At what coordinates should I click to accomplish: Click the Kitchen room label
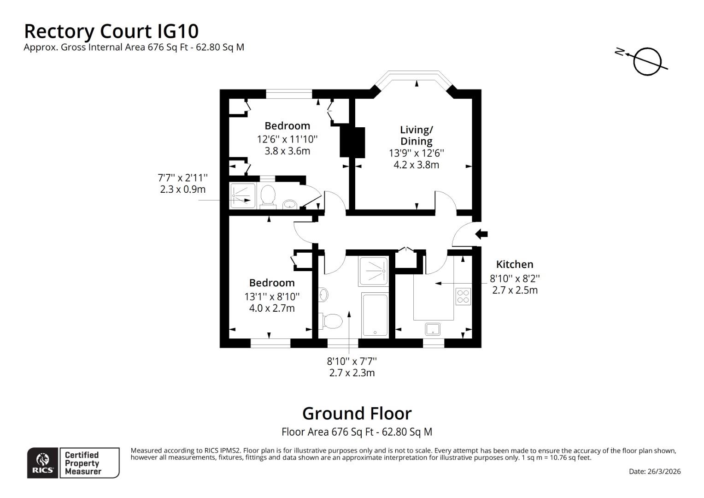pos(514,264)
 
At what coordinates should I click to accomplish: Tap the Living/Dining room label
pos(416,135)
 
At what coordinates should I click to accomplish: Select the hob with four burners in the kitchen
pos(463,296)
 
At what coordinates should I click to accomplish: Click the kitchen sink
pos(432,329)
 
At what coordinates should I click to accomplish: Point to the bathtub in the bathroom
pos(375,314)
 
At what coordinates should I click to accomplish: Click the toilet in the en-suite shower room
pos(267,196)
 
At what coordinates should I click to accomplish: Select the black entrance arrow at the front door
pos(481,234)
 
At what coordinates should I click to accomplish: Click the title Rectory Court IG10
pos(111,31)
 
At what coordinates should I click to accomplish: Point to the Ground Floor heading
pos(357,413)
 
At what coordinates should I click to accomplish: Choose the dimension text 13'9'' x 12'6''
pos(417,153)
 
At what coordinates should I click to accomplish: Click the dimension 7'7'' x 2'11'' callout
pos(182,178)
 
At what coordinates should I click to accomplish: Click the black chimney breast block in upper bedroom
pos(352,142)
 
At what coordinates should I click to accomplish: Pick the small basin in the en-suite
pos(289,204)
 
